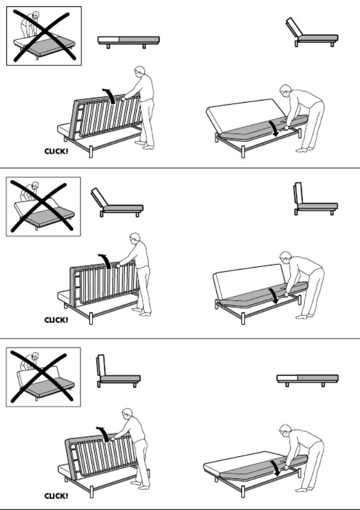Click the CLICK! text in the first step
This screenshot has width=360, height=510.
coord(56,152)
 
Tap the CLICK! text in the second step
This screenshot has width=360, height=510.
coord(56,320)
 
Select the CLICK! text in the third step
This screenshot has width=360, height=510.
coord(56,496)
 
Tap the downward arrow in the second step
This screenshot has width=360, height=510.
coord(274,295)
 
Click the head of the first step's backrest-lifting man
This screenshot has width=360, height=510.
coord(140,71)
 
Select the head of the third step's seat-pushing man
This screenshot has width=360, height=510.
coord(285,430)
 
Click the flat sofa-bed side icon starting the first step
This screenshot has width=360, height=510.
coord(129,41)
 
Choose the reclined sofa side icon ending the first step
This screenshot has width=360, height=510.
coord(312,32)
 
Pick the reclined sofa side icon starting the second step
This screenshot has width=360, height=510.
coord(117,203)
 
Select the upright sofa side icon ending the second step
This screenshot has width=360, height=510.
coord(315,199)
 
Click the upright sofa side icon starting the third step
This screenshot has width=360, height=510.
coord(119,371)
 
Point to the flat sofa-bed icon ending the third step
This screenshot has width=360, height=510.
coord(308,380)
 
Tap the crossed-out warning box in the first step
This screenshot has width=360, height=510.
coord(44,36)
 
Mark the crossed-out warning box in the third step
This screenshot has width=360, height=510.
coord(43,377)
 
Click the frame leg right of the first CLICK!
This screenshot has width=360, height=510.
coord(91,152)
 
